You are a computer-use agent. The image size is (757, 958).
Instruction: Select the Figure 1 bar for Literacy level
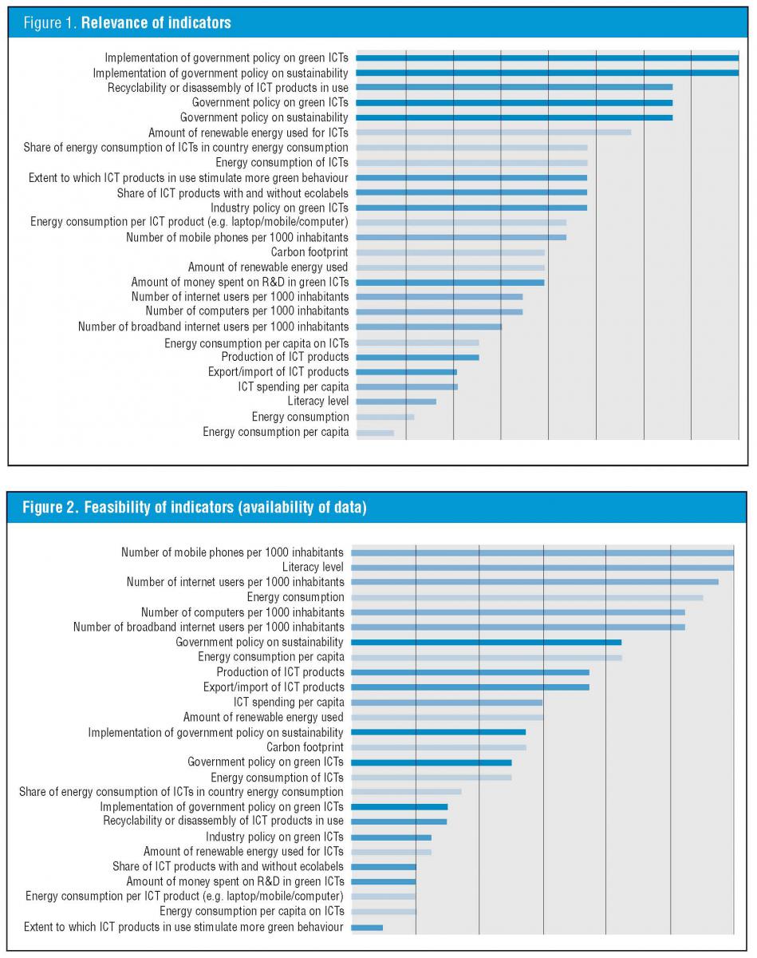pos(396,402)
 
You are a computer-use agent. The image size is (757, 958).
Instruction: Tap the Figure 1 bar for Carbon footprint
pos(450,252)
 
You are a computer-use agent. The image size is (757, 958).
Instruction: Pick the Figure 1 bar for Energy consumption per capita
pos(375,433)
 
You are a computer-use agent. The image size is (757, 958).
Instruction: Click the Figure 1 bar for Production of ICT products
pos(417,357)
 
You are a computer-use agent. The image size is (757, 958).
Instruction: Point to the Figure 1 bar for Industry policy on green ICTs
pos(471,208)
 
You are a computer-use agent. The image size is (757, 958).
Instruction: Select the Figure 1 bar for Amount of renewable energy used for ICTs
pos(493,133)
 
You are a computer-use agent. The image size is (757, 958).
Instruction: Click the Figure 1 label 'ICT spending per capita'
pos(293,386)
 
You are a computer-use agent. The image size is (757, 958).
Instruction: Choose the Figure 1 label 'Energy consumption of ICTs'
pos(282,163)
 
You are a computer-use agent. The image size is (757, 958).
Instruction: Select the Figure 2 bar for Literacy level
pos(542,568)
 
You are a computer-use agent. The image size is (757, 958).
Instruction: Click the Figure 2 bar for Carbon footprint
pos(438,747)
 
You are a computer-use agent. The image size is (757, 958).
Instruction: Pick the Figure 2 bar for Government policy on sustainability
pos(486,642)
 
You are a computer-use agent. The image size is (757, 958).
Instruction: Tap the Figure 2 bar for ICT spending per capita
pos(446,703)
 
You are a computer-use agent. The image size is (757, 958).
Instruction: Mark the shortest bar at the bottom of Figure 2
pos(367,927)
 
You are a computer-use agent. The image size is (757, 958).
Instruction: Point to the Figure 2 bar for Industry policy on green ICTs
pos(391,837)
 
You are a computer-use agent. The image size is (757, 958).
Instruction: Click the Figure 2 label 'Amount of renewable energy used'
pos(263,718)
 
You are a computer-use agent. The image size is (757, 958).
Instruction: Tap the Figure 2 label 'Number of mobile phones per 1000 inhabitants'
pos(232,552)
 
